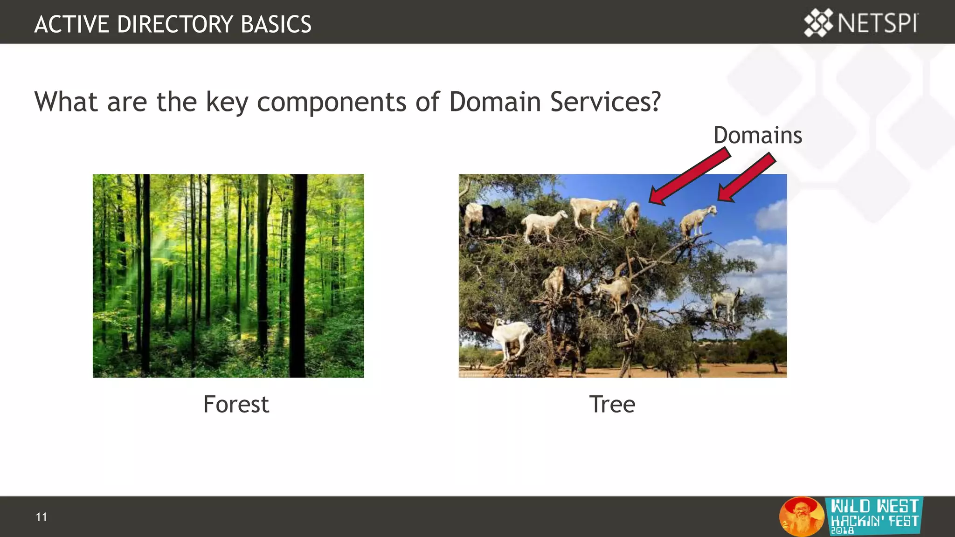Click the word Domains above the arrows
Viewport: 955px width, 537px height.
tap(757, 136)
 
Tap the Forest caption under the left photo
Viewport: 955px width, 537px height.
tap(236, 404)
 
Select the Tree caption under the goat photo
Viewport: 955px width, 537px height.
tap(612, 404)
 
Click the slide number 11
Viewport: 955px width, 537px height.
tap(41, 517)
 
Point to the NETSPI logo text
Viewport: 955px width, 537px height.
tap(878, 23)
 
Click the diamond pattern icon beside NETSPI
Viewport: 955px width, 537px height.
tap(818, 23)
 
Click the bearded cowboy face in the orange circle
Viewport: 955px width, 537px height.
tap(801, 516)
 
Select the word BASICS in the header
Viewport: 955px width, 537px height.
tap(276, 24)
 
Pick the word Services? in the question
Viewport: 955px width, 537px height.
tap(605, 102)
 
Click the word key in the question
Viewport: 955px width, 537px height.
tap(227, 103)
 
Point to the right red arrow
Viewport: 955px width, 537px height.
tap(746, 178)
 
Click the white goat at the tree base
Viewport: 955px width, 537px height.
tap(511, 336)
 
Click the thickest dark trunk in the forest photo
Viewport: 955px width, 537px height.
tap(298, 275)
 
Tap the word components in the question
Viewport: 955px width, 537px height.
tap(331, 103)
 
